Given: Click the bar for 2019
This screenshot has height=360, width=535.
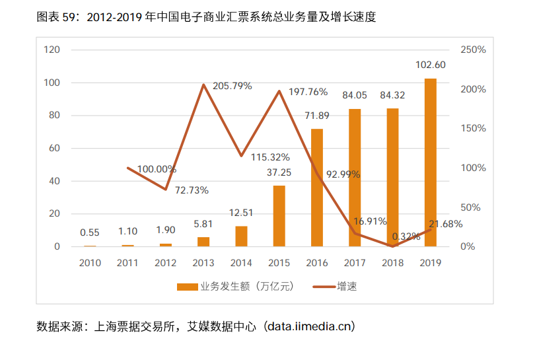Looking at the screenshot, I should pos(430,162).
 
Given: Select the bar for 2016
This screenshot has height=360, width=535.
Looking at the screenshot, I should pos(317,188).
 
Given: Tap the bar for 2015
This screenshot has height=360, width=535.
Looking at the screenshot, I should pos(279,216).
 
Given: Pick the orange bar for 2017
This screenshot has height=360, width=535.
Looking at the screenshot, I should pos(355,178).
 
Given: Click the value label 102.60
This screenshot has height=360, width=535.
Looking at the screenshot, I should pos(430,65).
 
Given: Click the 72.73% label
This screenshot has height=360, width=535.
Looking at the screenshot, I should pos(192,190).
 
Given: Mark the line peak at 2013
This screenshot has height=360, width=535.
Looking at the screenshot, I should pos(203,85).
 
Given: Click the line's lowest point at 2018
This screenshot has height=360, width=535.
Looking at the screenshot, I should pos(392,246).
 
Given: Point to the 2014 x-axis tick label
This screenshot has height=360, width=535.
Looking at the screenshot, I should pos(241,263).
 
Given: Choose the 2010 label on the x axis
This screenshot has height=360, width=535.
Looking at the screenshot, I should pos(90,263).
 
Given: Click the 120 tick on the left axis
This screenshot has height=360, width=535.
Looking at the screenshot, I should pos(52,50).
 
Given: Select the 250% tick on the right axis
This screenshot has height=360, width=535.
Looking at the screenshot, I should pos(472,50).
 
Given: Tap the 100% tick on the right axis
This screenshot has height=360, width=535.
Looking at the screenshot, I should pos(472,168).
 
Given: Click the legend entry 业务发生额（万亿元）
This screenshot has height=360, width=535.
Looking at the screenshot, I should pos(234,287).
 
